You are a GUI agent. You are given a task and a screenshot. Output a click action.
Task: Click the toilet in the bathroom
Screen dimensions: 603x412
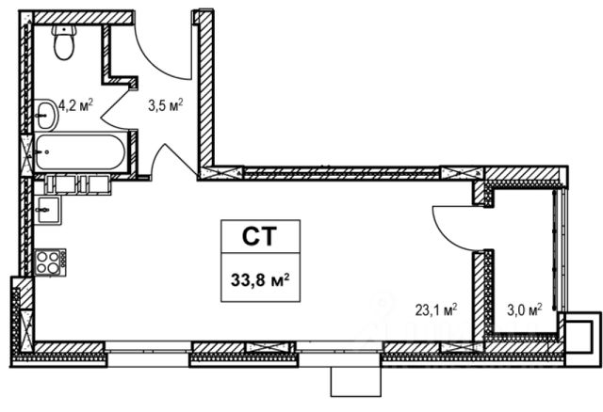pyautogui.click(x=64, y=42)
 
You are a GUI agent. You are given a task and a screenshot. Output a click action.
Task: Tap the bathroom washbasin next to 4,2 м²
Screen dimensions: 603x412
pyautogui.click(x=46, y=115)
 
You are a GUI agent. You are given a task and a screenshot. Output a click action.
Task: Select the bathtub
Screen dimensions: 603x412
pyautogui.click(x=80, y=152)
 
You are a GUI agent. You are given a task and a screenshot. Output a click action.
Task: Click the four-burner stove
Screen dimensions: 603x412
pyautogui.click(x=50, y=262)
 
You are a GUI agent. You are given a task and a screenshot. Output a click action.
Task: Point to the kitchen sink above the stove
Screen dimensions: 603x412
pyautogui.click(x=47, y=210)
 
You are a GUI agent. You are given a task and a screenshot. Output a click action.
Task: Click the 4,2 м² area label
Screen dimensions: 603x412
pyautogui.click(x=75, y=104)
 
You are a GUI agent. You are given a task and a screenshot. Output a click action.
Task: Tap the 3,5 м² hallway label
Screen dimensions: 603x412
pyautogui.click(x=166, y=104)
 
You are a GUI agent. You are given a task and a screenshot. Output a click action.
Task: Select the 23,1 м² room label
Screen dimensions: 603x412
pyautogui.click(x=436, y=309)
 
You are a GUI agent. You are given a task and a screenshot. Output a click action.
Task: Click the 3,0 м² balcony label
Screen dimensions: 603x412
pyautogui.click(x=525, y=309)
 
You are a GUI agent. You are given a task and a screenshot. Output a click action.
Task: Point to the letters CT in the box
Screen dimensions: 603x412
pyautogui.click(x=260, y=236)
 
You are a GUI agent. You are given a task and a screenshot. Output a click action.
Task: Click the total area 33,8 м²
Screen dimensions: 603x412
pyautogui.click(x=260, y=280)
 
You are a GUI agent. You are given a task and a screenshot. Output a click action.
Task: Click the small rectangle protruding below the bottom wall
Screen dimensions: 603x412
pyautogui.click(x=356, y=382)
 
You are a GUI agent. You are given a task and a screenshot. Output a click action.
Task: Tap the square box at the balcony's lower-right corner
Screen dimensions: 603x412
pyautogui.click(x=580, y=338)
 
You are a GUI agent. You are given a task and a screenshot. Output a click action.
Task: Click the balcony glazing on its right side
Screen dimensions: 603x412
pyautogui.click(x=560, y=249)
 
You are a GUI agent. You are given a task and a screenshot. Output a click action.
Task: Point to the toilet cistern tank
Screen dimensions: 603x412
pyautogui.click(x=64, y=30)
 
